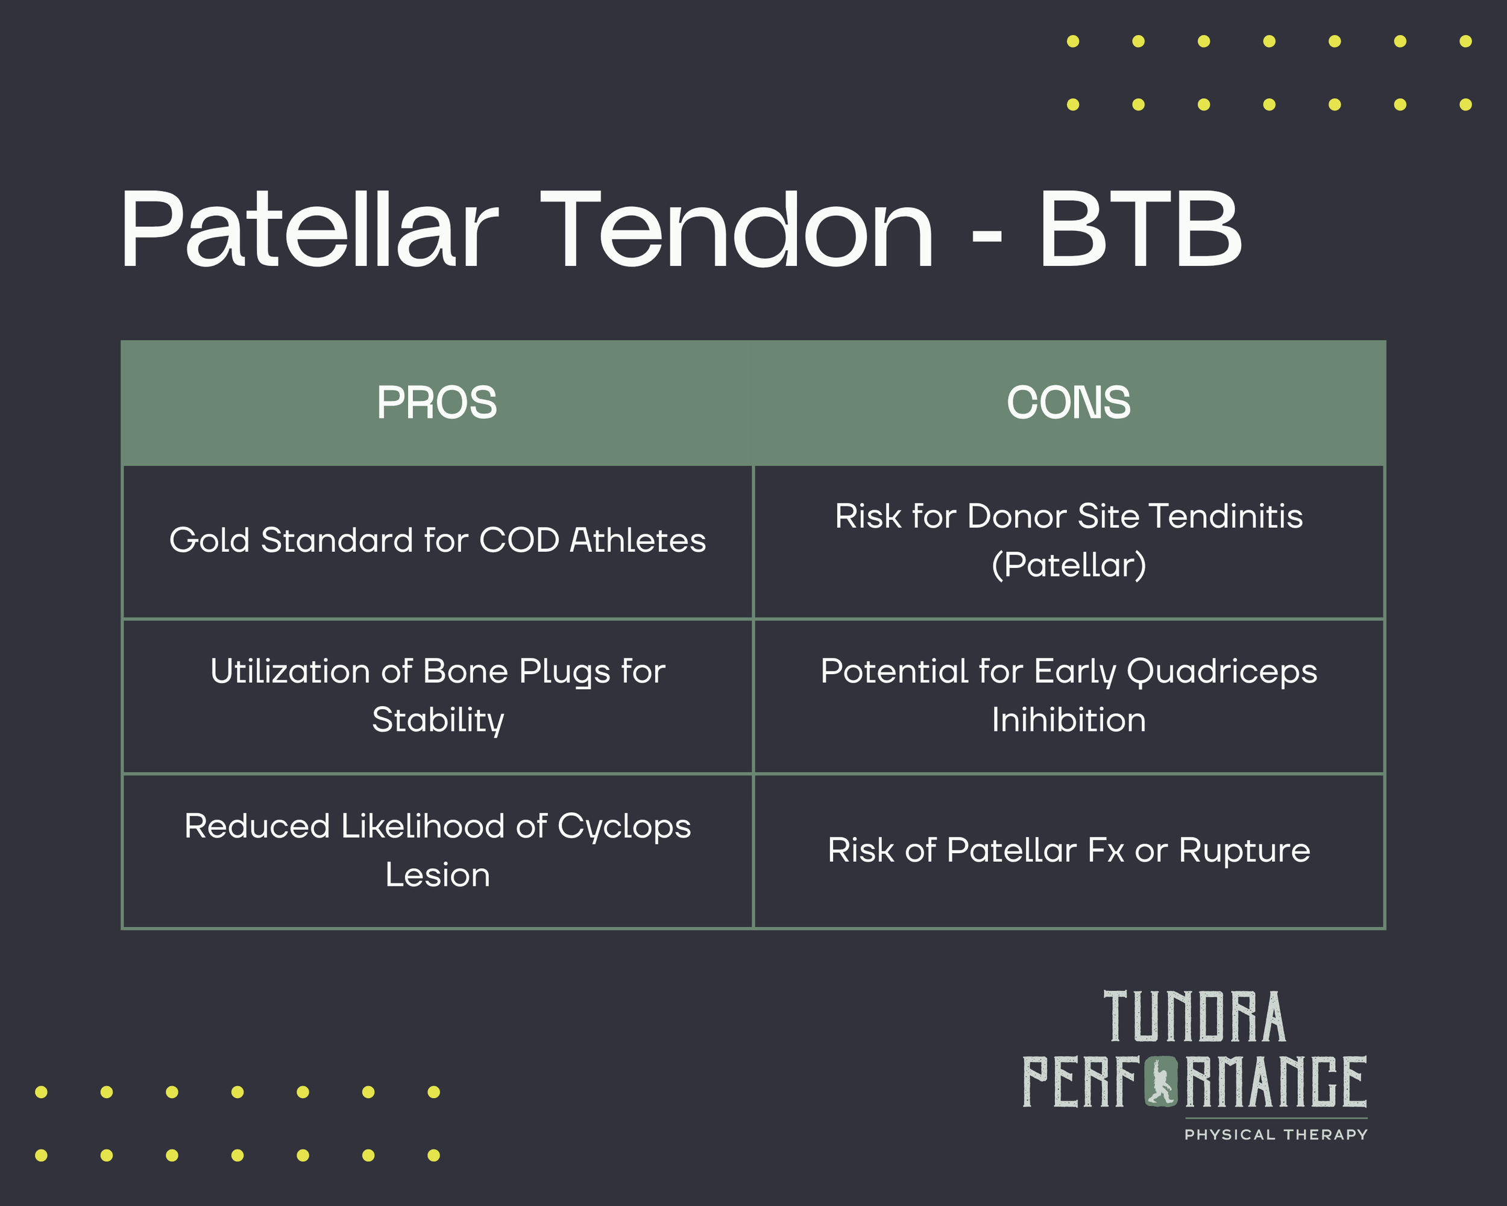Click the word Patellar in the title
309,231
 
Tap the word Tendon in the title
737,231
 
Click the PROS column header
437,403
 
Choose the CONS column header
1068,403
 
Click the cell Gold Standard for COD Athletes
438,540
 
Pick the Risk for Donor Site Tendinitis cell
1068,540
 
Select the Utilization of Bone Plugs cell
438,696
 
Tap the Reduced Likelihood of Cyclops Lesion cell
438,850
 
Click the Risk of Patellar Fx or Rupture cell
1068,851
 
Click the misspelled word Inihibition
1068,720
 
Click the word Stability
438,720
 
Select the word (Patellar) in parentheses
1068,565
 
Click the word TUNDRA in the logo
1195,1017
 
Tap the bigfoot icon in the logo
1160,1083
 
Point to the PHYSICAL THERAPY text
1276,1135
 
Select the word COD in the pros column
520,540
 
